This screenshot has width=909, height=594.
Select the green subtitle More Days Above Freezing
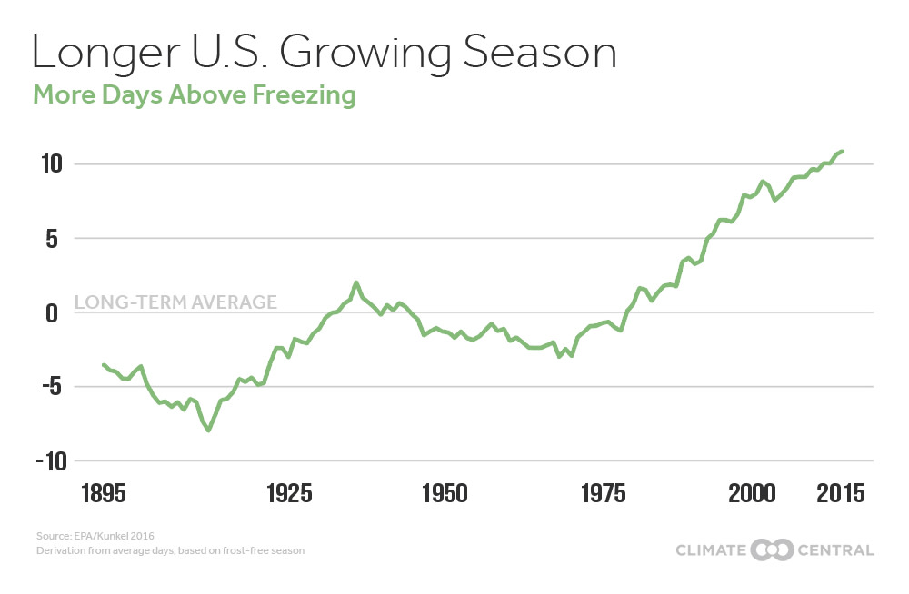(x=194, y=94)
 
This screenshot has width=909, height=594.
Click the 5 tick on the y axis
(x=53, y=239)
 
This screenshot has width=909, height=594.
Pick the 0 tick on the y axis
(x=53, y=312)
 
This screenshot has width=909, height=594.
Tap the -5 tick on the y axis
(x=47, y=387)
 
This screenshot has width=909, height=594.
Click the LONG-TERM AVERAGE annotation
(x=175, y=302)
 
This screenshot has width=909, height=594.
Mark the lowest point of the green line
(x=209, y=431)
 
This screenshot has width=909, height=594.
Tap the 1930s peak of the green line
(x=356, y=282)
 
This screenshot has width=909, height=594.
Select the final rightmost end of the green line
(x=843, y=151)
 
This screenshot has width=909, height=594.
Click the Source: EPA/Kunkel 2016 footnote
(x=84, y=537)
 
